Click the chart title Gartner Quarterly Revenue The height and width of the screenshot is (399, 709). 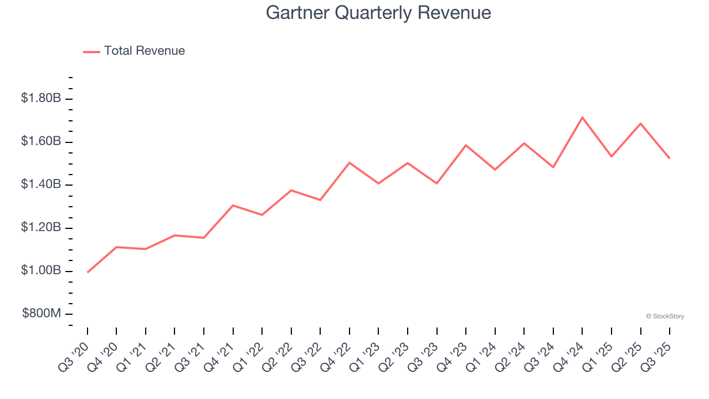point(378,13)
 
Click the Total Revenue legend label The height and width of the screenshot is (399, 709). point(144,51)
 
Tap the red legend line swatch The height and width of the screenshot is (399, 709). point(91,52)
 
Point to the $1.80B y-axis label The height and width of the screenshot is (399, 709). point(41,98)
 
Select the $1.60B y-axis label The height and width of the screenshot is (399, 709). point(41,141)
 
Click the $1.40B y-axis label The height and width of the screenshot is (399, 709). point(41,184)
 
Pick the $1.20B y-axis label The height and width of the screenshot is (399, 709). point(41,227)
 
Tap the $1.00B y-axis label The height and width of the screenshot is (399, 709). point(41,270)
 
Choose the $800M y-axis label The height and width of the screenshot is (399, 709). point(42,314)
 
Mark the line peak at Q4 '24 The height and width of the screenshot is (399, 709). point(582,117)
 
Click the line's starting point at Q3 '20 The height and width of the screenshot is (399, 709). point(88,272)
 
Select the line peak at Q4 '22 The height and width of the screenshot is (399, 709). point(350,162)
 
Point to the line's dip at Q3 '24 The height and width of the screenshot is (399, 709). point(553,167)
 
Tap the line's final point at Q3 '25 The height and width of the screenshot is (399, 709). point(670,158)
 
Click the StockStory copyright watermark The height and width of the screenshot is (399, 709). point(665,316)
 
